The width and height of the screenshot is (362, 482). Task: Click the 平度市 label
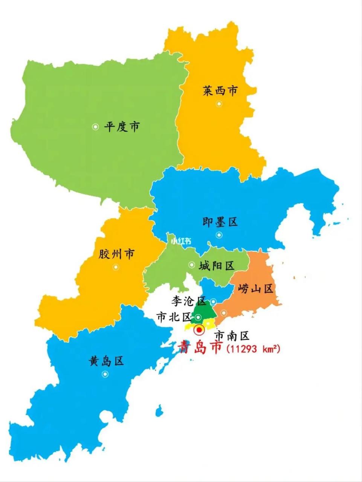point(122,127)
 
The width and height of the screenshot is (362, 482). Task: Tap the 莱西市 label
point(220,91)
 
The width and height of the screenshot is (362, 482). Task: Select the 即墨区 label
point(220,222)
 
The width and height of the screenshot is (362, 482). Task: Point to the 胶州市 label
point(116,254)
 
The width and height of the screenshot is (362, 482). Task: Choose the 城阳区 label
point(217,266)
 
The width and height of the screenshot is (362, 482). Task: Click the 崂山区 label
point(256,289)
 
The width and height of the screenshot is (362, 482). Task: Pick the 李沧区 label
point(189,301)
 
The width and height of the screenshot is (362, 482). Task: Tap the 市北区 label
point(174,317)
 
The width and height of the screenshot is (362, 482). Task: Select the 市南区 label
point(232,335)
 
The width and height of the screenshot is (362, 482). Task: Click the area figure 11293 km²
point(254,349)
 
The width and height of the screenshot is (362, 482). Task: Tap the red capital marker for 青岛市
point(199,330)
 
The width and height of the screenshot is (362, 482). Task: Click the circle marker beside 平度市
point(95,127)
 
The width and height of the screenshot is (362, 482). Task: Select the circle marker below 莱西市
point(219,104)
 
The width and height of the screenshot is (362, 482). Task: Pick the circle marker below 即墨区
point(219,235)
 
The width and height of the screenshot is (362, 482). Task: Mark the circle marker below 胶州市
point(116,267)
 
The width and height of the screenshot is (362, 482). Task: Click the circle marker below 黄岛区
point(105,374)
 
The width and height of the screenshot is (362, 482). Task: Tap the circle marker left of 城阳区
point(192,265)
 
